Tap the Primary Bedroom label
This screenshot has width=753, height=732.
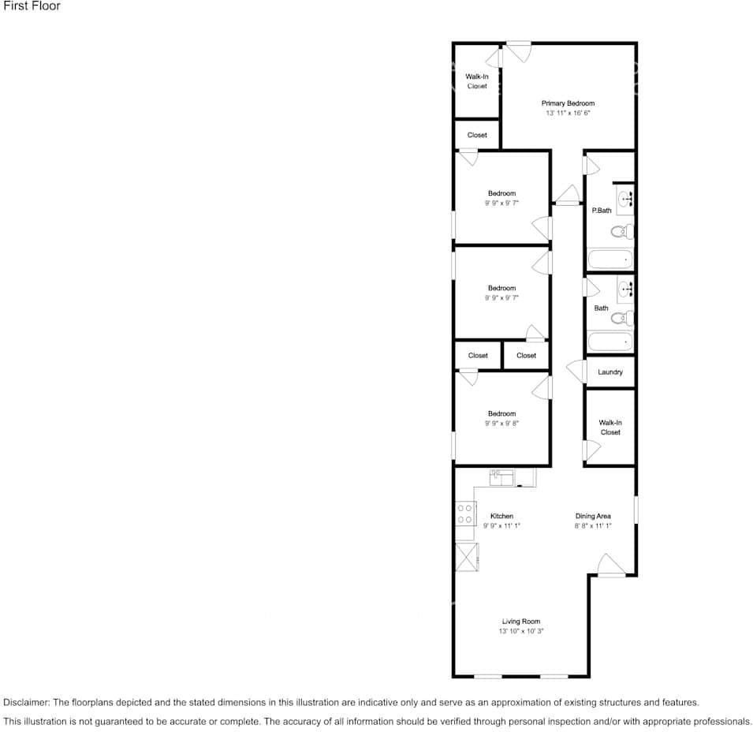click(568, 103)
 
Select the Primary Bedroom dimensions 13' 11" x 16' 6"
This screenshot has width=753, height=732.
click(568, 114)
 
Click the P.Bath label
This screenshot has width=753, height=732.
click(602, 211)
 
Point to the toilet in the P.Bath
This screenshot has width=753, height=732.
click(623, 231)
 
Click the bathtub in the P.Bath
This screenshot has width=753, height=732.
click(609, 259)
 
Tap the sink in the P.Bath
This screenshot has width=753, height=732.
click(625, 198)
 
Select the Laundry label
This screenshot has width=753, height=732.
click(610, 372)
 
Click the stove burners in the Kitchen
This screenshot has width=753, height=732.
click(464, 514)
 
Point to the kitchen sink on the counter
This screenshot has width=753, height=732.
click(501, 476)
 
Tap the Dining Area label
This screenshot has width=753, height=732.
click(593, 516)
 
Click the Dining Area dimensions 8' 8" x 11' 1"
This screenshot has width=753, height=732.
click(593, 525)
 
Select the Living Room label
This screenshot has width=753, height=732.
click(521, 622)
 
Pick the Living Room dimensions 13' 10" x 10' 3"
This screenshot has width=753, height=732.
click(521, 631)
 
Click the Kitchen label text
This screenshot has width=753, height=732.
click(501, 516)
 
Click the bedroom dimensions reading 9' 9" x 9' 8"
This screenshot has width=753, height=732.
click(501, 424)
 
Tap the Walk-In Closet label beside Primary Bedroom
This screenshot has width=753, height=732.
click(477, 81)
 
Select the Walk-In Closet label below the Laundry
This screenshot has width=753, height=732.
click(610, 428)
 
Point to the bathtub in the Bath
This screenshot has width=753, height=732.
click(609, 342)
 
